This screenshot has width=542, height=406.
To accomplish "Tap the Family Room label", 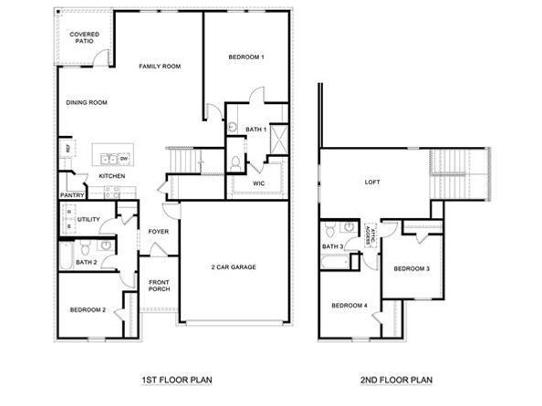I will pyautogui.click(x=160, y=66).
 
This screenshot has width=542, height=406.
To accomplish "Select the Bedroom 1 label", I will pyautogui.click(x=246, y=57).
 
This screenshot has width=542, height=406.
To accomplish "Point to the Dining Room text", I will pyautogui.click(x=87, y=102).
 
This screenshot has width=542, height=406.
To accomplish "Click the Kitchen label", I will pyautogui.click(x=111, y=175).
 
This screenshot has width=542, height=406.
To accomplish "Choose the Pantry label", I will pyautogui.click(x=72, y=194).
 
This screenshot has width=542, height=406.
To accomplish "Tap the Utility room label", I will pyautogui.click(x=89, y=220).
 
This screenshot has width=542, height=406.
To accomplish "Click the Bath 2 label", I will pyautogui.click(x=86, y=263).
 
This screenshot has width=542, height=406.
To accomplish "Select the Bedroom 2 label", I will pyautogui.click(x=89, y=310).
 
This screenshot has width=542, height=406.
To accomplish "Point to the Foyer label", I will pyautogui.click(x=159, y=232).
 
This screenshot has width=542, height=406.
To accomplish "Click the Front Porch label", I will pyautogui.click(x=160, y=286).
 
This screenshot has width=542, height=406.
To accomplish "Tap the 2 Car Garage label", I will pyautogui.click(x=234, y=266).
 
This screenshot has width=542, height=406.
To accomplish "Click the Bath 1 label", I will pyautogui.click(x=255, y=130).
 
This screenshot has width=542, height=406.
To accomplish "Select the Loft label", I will pyautogui.click(x=372, y=182).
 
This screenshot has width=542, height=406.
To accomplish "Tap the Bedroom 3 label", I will pyautogui.click(x=412, y=268).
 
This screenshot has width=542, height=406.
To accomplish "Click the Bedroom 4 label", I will pyautogui.click(x=349, y=305).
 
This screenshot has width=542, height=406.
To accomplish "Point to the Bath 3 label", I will pyautogui.click(x=332, y=247).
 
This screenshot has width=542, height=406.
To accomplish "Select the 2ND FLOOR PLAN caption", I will pyautogui.click(x=395, y=379).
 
